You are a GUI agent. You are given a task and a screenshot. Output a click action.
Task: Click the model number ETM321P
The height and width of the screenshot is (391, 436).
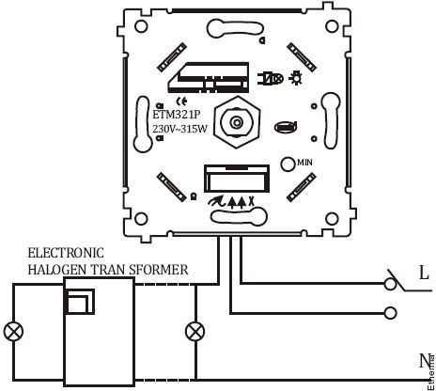(176, 115)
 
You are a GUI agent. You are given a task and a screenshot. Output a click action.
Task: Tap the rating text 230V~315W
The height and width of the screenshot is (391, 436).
(179, 129)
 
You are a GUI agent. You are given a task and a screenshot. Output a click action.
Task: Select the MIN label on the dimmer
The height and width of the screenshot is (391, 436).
(304, 163)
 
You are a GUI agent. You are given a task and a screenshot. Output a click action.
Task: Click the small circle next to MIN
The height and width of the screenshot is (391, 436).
(288, 164)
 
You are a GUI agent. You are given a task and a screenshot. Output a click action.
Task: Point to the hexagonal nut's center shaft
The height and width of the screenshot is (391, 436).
(237, 121)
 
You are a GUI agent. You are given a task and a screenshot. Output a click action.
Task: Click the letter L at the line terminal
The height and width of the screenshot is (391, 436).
(424, 274)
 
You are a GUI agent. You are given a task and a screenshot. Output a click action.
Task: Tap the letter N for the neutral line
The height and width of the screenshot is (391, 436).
(425, 361)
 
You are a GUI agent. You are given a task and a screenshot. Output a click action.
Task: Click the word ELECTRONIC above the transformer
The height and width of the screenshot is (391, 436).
(66, 253)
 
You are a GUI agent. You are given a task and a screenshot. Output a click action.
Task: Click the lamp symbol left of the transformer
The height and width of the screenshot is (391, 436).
(13, 332)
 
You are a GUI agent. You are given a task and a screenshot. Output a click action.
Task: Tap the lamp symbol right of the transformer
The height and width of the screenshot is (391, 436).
(195, 332)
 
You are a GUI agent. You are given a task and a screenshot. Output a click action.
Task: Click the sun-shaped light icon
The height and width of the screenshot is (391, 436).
(295, 78)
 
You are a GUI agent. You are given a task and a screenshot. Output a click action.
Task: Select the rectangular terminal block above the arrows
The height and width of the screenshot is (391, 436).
(237, 179)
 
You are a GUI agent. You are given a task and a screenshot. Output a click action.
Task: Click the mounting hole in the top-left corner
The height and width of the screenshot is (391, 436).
(141, 26)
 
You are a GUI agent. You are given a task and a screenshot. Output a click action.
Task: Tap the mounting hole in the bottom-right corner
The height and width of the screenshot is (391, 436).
(332, 219)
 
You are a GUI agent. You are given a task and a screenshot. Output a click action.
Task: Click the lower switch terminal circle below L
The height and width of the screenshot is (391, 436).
(391, 313)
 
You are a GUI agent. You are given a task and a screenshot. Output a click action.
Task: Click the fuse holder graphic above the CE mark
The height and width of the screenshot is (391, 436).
(209, 77)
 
